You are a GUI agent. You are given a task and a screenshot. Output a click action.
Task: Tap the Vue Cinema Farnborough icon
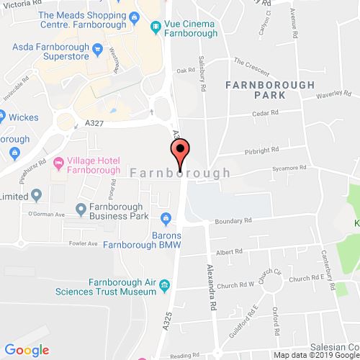point(155,27)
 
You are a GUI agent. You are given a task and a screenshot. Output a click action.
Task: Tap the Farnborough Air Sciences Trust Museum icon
point(166,286)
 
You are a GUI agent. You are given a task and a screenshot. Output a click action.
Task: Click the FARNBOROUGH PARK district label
point(269,91)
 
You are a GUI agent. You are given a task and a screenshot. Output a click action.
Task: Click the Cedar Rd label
point(264,114)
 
